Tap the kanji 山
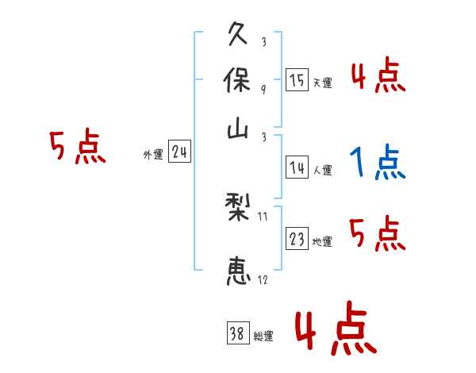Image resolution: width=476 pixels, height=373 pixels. (238, 130)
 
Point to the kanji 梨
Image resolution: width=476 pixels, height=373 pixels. (238, 210)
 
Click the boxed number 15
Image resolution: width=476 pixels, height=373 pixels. (297, 80)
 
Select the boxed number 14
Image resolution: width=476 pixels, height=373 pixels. (297, 167)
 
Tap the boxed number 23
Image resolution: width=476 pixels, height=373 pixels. (297, 240)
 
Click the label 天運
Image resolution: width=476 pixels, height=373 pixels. (322, 83)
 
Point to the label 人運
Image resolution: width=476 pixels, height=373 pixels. (322, 170)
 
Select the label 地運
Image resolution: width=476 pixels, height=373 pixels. (322, 242)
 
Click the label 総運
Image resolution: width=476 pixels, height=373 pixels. (263, 336)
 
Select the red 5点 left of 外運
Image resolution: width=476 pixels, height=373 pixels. (77, 148)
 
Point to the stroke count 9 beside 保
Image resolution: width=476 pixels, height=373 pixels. (263, 89)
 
